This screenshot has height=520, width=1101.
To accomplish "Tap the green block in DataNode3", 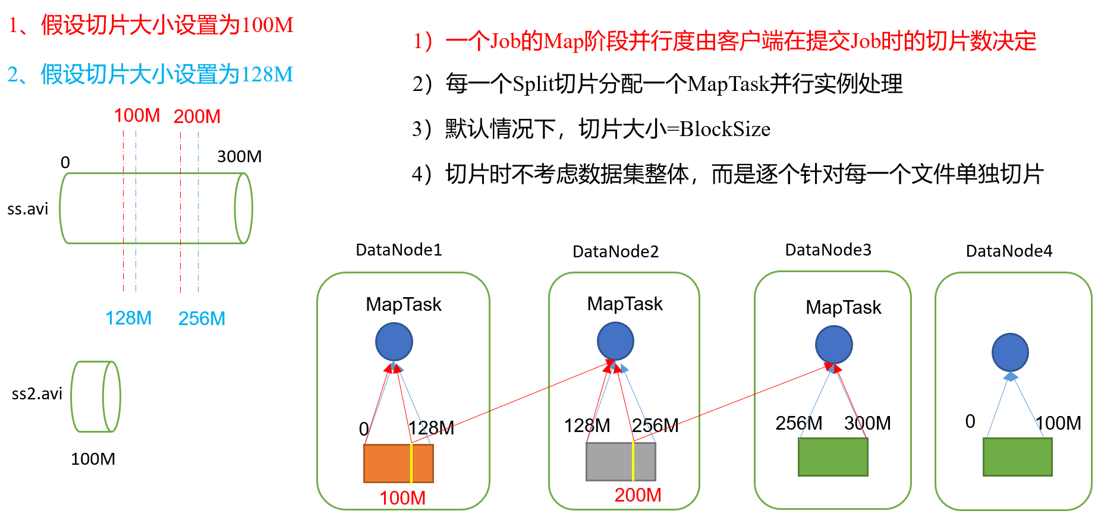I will pos(833,456).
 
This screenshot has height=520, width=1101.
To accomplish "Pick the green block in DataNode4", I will pos(1018,456).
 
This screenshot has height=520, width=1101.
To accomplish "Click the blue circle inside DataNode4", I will pos(1010,352).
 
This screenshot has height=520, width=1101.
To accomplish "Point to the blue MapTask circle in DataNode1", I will pos(394,342).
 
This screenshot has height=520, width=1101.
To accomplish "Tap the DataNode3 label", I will pos(828,250).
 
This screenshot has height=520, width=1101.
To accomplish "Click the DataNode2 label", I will pos(615,251).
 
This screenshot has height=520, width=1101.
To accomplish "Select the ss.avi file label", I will pos(27,209).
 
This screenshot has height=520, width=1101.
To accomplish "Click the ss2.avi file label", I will pos(37,393).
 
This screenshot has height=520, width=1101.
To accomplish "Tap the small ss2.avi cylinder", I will pos(96,396).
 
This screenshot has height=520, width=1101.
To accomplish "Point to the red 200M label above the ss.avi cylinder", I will pos(197,116).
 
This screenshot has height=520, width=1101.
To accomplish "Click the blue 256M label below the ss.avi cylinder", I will pos(202,319).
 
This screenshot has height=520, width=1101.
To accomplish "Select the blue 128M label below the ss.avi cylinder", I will pos(128,318).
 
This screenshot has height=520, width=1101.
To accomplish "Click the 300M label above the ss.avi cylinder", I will pos(239,156).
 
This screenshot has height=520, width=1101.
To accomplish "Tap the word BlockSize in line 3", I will pos(725,129).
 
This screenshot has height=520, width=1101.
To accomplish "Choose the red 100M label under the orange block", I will pos(402,498).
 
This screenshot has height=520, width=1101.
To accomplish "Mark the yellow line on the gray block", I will pos(633,461).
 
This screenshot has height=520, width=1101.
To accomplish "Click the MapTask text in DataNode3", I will pos(843,307).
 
